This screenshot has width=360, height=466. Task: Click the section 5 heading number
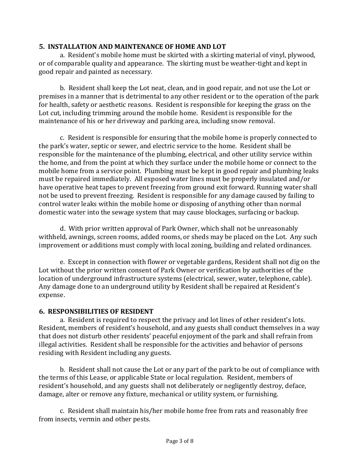pyautogui.click(x=41, y=47)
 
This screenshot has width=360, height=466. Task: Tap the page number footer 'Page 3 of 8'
pyautogui.click(x=180, y=441)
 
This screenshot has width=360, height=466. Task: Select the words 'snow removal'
pyautogui.click(x=256, y=121)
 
